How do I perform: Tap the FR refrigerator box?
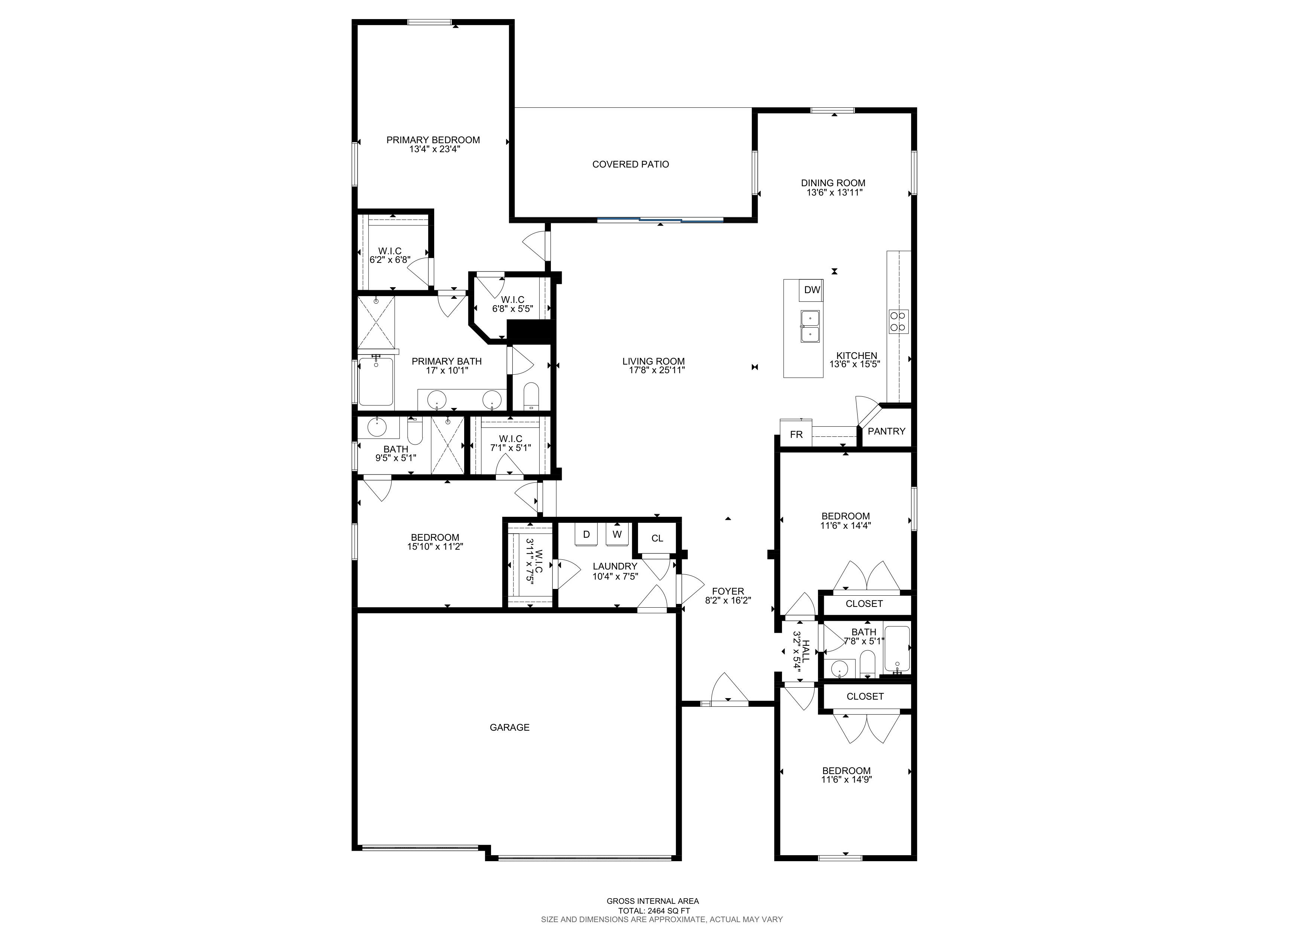(x=796, y=434)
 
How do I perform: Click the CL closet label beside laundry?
(x=657, y=538)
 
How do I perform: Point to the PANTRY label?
(x=886, y=431)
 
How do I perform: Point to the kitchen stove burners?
(x=898, y=321)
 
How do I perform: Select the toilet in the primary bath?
(x=531, y=395)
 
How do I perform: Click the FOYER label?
(x=728, y=591)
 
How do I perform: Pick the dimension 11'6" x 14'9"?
(x=846, y=779)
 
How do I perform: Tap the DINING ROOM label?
(x=833, y=183)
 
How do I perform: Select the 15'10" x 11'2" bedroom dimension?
(x=435, y=546)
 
